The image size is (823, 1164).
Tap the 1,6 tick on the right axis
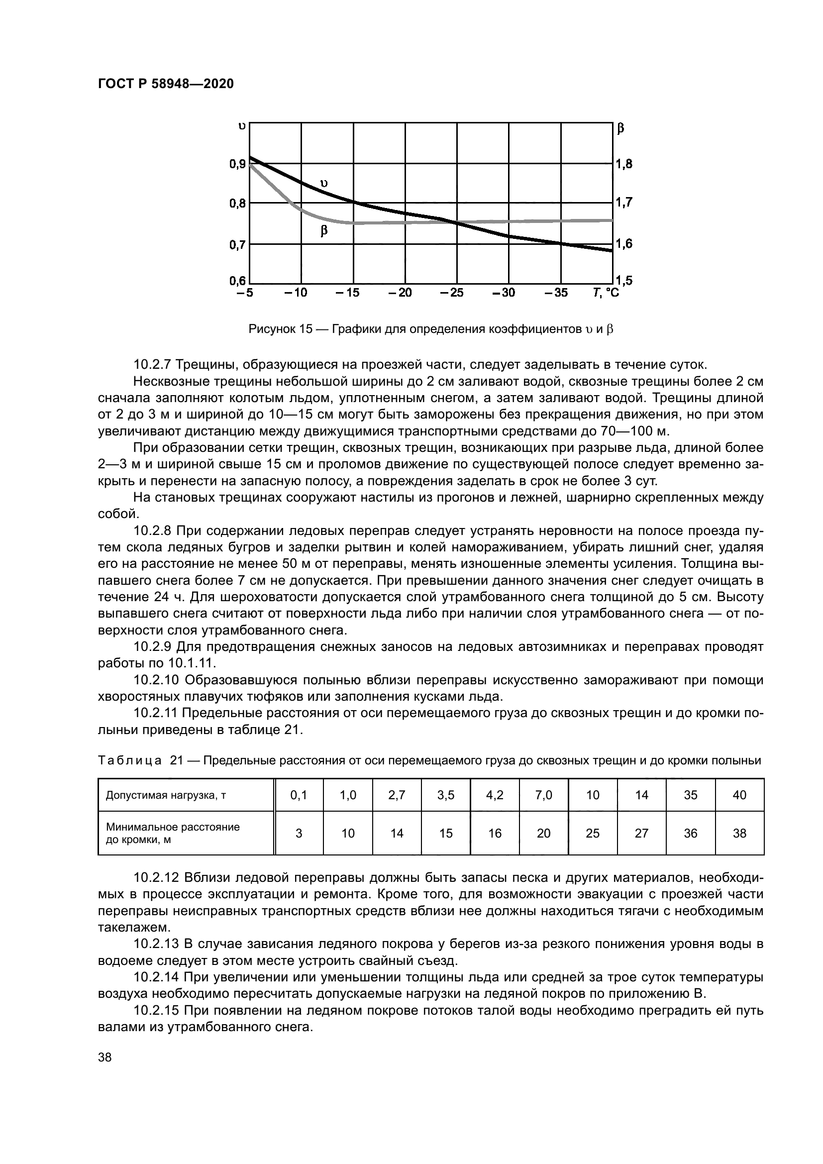tap(624, 244)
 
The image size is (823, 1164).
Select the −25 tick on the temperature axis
tap(452, 293)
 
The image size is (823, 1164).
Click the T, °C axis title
tap(606, 293)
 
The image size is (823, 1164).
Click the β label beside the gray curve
tap(324, 231)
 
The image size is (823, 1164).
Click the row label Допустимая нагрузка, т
tap(166, 795)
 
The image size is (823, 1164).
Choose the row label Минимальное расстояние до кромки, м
tap(172, 834)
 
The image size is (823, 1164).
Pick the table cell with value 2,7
tap(397, 795)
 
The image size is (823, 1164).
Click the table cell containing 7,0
tap(543, 795)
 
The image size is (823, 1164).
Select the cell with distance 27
tap(641, 834)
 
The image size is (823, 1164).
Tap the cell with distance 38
tap(739, 834)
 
